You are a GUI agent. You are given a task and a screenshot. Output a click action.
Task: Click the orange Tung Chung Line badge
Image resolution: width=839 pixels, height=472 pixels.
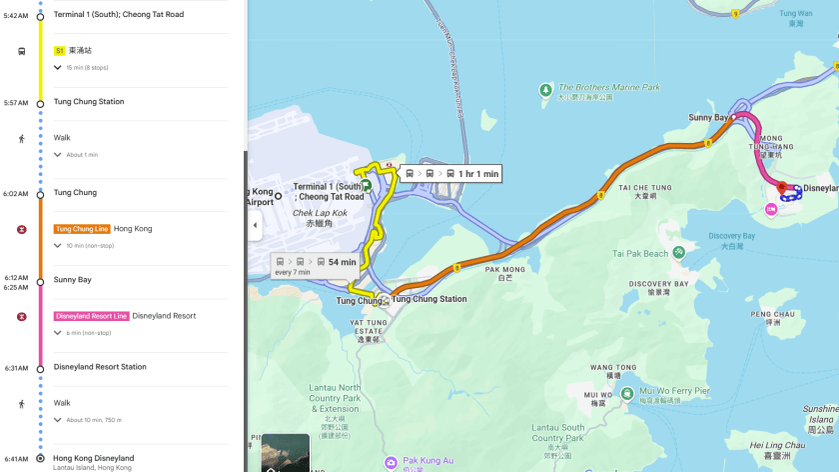(82, 229)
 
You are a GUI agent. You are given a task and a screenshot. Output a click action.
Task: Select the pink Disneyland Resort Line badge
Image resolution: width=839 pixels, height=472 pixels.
(91, 316)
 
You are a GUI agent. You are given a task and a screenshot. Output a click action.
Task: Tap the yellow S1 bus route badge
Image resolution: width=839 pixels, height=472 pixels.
(59, 50)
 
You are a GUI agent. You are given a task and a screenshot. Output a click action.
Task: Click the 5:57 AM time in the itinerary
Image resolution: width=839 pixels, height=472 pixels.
(16, 102)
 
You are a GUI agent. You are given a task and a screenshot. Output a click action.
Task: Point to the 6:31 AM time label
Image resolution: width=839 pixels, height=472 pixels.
(16, 367)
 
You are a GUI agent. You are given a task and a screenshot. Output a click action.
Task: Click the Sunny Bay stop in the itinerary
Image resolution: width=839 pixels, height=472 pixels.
(72, 280)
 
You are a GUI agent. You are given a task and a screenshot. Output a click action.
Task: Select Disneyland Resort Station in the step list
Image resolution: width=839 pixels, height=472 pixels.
(100, 367)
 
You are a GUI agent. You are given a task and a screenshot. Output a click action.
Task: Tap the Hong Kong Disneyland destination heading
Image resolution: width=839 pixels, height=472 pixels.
(94, 458)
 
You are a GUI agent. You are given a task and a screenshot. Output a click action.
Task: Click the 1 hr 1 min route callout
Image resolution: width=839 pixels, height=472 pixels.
(451, 174)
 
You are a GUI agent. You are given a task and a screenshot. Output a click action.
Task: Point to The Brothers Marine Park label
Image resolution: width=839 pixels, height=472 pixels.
(608, 88)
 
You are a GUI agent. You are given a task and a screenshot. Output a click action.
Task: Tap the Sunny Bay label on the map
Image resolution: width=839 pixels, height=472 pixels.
(708, 117)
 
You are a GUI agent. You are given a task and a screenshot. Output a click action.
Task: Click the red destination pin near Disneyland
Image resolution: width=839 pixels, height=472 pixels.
(782, 188)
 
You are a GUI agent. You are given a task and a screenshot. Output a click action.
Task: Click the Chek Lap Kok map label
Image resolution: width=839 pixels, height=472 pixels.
(319, 212)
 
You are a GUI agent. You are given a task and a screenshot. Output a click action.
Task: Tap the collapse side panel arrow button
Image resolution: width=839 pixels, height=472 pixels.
(255, 225)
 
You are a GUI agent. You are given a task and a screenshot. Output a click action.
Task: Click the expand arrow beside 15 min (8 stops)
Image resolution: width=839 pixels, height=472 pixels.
(58, 67)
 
